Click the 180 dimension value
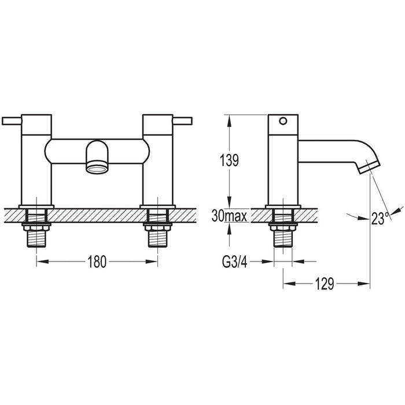pos(97,262)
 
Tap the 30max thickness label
pos(230,217)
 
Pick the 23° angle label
pos(379,218)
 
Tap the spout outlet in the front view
pos(97,168)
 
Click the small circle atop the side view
pos(282,121)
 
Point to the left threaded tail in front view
pos(36,229)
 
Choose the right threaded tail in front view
pos(157,229)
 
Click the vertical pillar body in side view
pos(282,168)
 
